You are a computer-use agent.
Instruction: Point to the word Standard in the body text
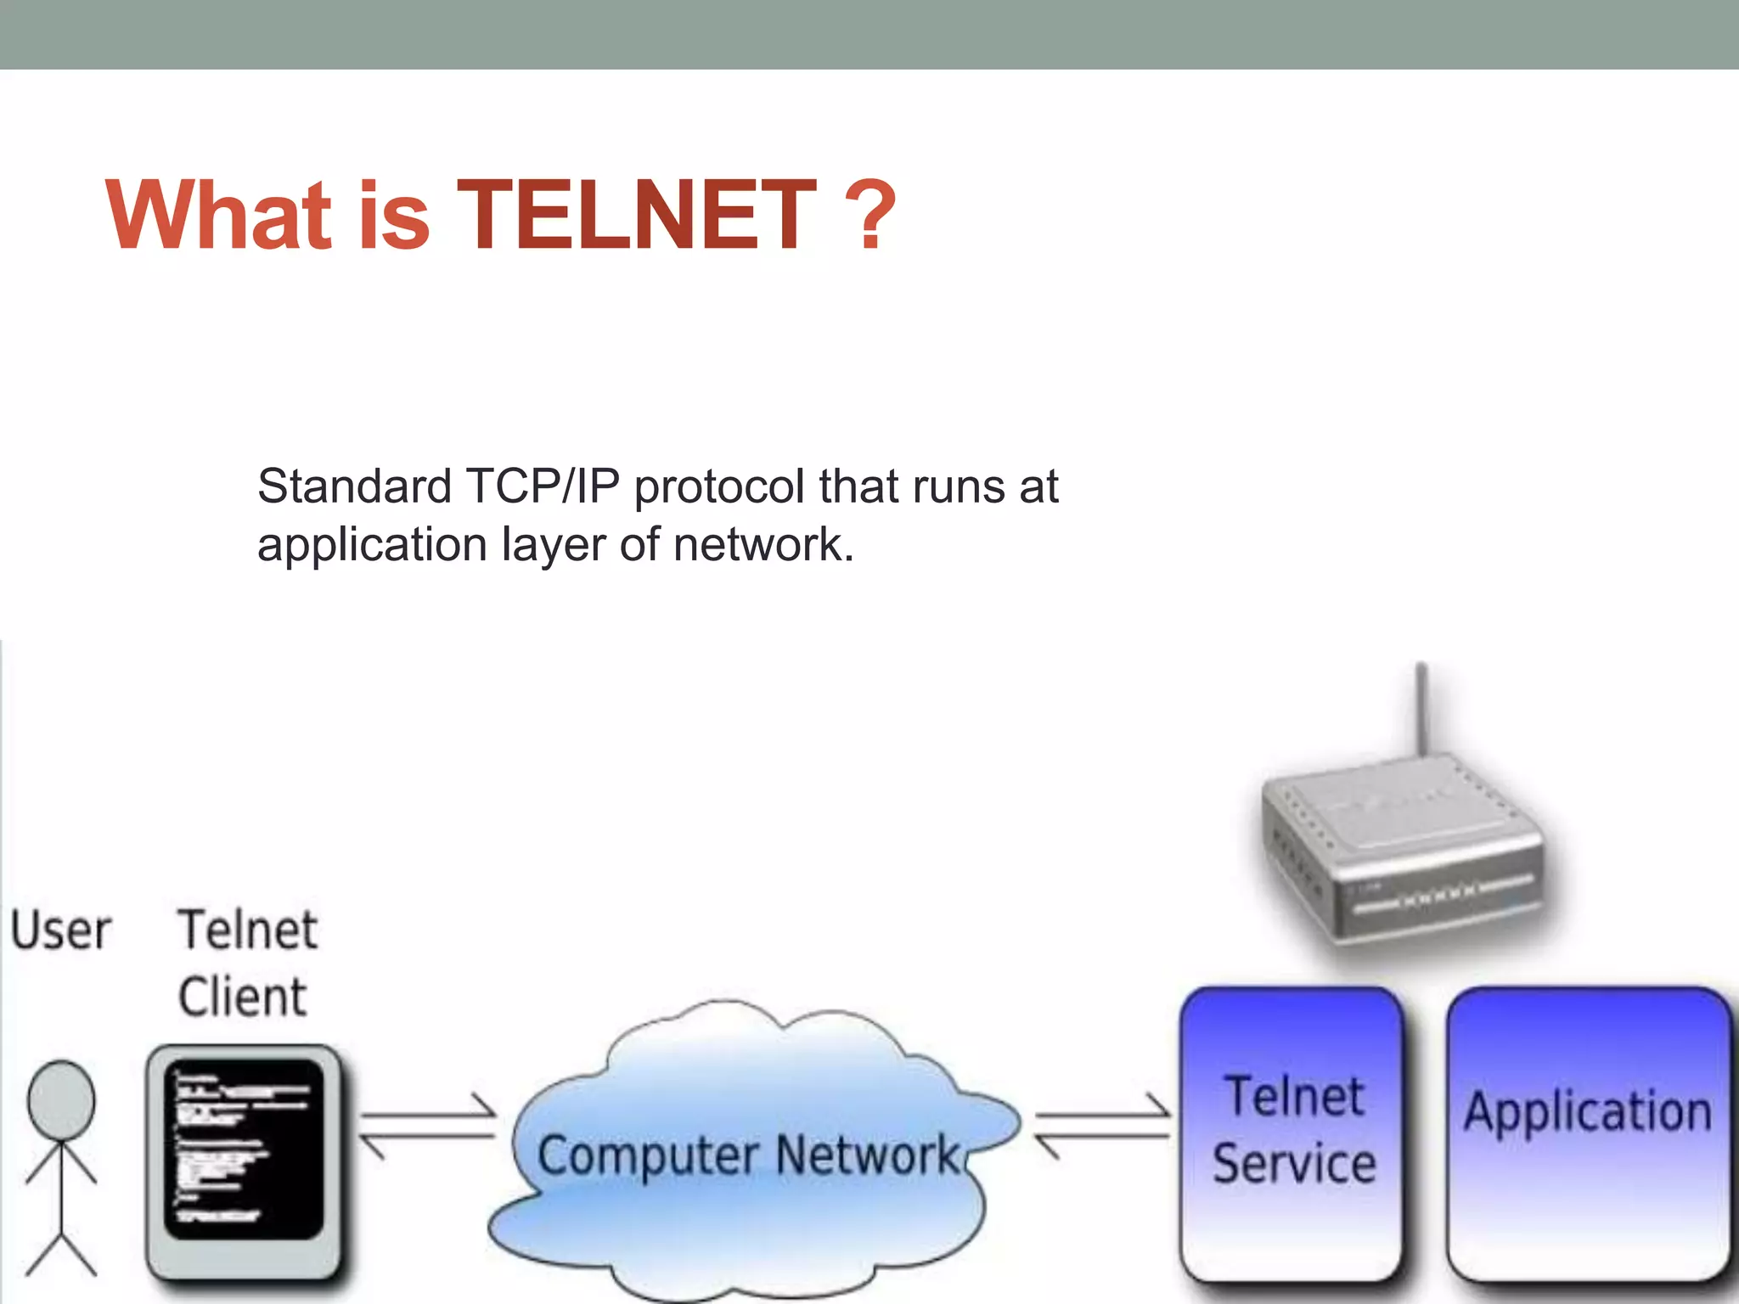pos(354,487)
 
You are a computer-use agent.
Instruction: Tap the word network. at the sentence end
pos(763,545)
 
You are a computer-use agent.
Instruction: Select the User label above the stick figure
pos(61,930)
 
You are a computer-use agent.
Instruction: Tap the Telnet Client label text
pos(246,963)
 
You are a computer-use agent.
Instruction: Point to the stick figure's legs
pos(61,1248)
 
